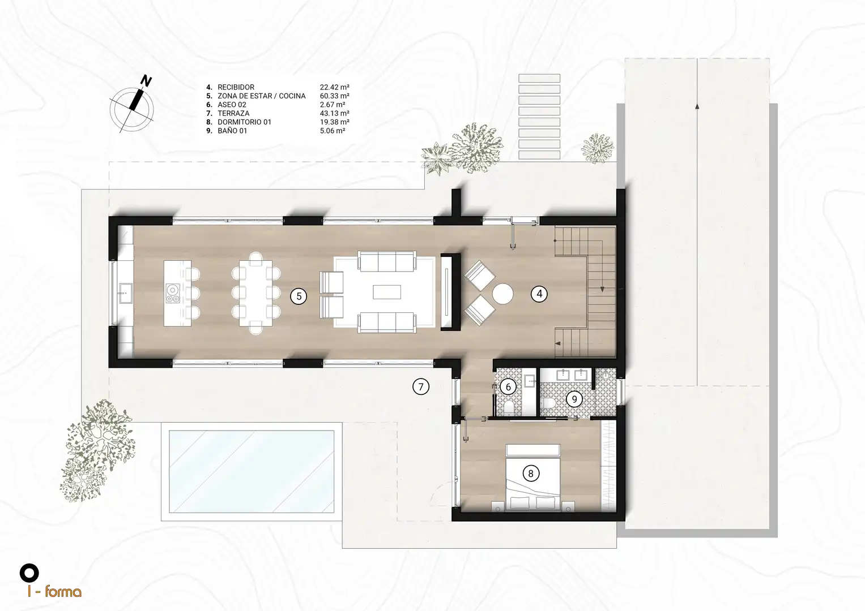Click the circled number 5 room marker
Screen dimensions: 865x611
tap(299, 296)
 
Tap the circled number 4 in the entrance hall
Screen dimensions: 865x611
tap(539, 294)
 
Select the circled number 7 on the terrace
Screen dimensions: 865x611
tap(421, 386)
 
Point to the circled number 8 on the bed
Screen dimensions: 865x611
tap(531, 474)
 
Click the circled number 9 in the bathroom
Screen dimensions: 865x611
tap(574, 399)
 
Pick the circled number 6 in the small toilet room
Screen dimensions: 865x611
tap(508, 386)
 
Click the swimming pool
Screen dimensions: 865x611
tap(252, 471)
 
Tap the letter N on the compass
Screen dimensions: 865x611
tap(146, 81)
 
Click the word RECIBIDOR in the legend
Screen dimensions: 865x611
tap(236, 87)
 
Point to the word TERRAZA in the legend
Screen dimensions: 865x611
tap(233, 113)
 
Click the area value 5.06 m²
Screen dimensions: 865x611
tap(333, 131)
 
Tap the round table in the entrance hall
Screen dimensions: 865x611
tap(502, 294)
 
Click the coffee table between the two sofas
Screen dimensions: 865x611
tap(387, 292)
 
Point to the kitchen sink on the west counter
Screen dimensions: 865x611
tap(126, 293)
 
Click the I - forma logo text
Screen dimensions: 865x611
tap(54, 591)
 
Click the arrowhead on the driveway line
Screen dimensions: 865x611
tap(697, 106)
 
